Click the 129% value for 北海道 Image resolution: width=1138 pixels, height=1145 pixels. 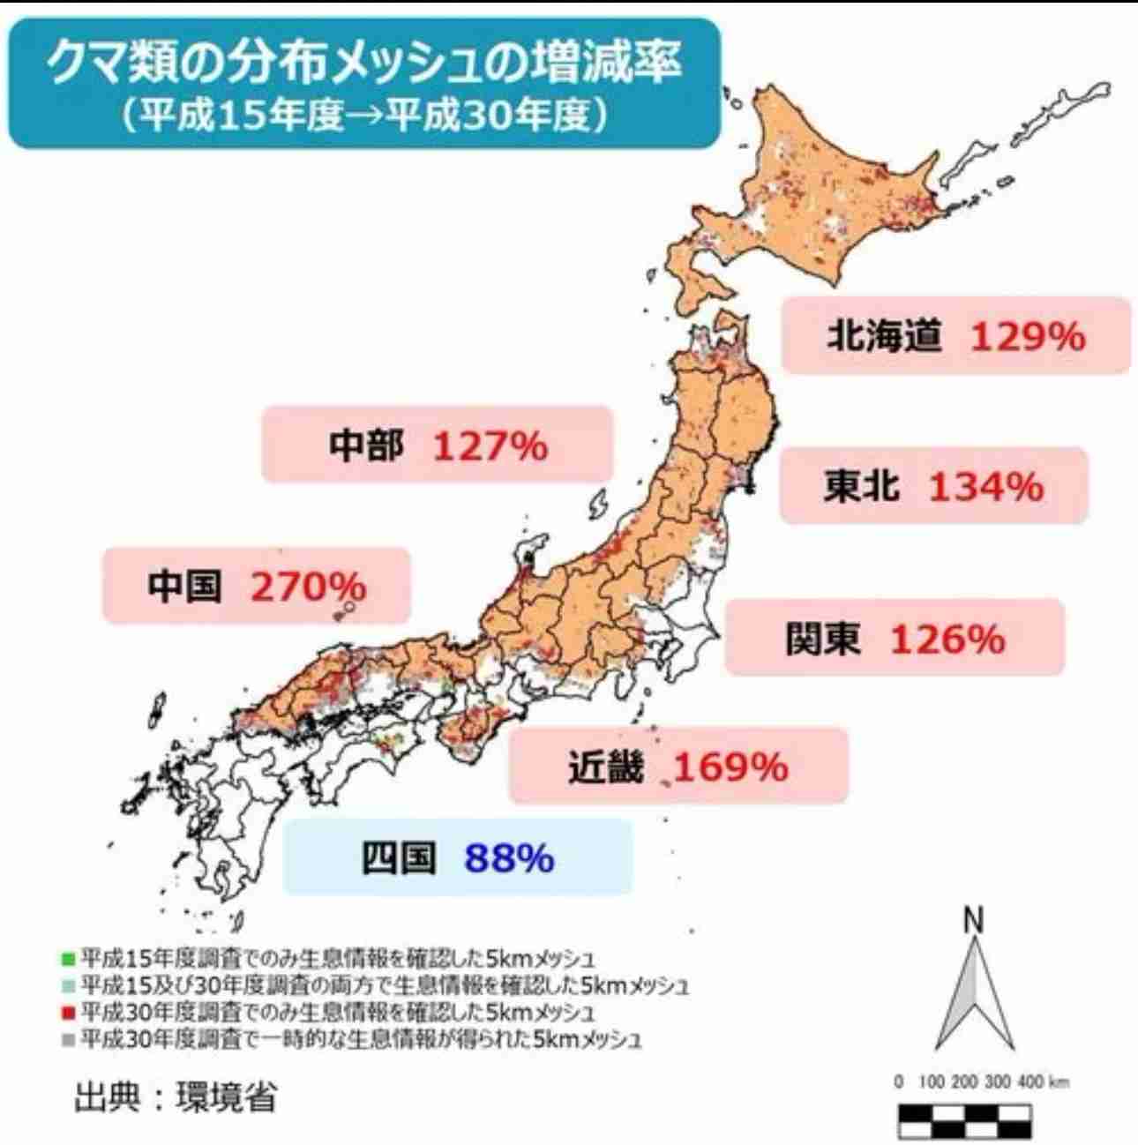(1028, 336)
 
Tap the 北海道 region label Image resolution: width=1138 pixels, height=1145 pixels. (884, 336)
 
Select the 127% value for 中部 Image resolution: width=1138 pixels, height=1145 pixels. (490, 446)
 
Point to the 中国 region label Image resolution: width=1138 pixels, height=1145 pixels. (185, 586)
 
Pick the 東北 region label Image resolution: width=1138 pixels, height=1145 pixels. (862, 486)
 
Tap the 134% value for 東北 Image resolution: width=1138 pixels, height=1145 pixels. (986, 486)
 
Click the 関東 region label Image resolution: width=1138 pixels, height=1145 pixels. (823, 639)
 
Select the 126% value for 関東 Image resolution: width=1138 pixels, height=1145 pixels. (947, 639)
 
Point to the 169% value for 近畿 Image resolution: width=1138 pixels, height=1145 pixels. (730, 767)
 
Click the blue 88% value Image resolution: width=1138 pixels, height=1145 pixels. (510, 857)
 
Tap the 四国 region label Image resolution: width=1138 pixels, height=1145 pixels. (400, 857)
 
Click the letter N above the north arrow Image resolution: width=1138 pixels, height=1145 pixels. (973, 921)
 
